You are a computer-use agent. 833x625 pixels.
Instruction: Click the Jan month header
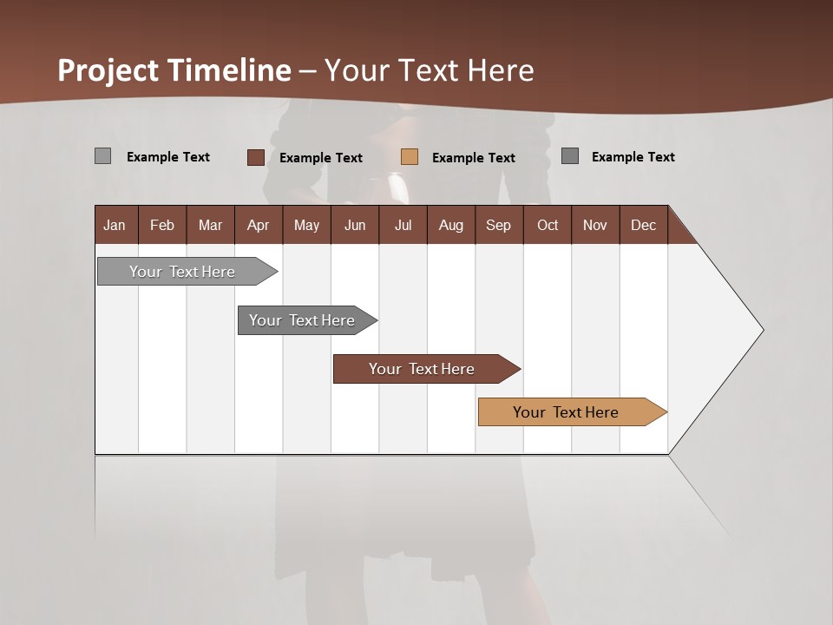pos(115,225)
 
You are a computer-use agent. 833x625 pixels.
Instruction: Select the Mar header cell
pos(210,225)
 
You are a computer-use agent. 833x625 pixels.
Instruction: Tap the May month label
pos(306,225)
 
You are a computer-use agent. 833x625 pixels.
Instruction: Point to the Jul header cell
pos(403,225)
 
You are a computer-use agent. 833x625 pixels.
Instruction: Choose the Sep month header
pos(498,225)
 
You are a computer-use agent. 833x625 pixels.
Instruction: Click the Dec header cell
pos(643,225)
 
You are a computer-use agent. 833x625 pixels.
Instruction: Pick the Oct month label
pos(548,225)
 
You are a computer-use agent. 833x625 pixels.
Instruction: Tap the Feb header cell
pos(162,225)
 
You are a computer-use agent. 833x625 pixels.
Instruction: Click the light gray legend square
pos(102,156)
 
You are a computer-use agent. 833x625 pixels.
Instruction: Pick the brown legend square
pos(255,157)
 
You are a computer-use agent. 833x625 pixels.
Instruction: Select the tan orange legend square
pos(410,156)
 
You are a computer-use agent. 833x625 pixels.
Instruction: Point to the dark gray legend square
pos(570,156)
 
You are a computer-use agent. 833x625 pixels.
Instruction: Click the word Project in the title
pos(108,70)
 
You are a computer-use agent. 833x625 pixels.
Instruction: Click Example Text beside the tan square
pos(473,157)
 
